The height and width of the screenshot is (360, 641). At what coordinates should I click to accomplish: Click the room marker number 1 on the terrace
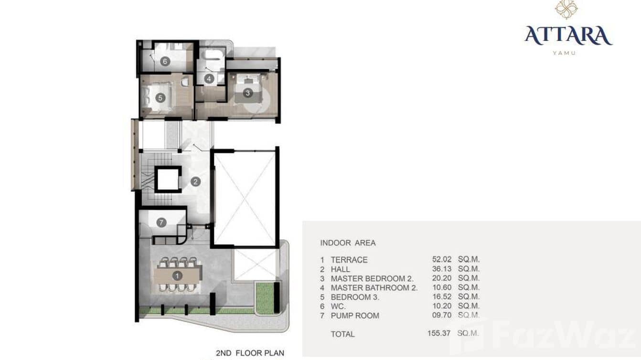pos(177,275)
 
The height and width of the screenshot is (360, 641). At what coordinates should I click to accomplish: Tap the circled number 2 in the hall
pos(195,181)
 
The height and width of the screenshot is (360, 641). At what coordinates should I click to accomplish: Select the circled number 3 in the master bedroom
pos(247,93)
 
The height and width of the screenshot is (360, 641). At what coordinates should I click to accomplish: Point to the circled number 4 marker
pos(208,78)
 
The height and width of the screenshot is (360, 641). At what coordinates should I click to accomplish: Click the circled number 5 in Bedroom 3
pos(160,97)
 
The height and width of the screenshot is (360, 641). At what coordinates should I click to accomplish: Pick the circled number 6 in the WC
pos(165,61)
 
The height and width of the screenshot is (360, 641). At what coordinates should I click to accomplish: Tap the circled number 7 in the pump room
pos(161,222)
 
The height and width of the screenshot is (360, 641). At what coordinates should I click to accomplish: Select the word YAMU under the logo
pos(564,53)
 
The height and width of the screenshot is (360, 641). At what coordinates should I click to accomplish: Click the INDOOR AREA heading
pos(348,243)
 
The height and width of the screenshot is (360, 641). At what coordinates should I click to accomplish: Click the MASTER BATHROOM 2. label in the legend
pos(374,287)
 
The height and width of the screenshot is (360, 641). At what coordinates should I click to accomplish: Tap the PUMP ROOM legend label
pos(355,316)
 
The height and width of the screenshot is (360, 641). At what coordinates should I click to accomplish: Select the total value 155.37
pos(439,334)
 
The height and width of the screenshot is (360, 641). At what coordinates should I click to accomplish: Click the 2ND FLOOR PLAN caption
pos(250,353)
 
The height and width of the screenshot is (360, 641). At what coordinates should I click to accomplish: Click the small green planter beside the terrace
pos(265,298)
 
